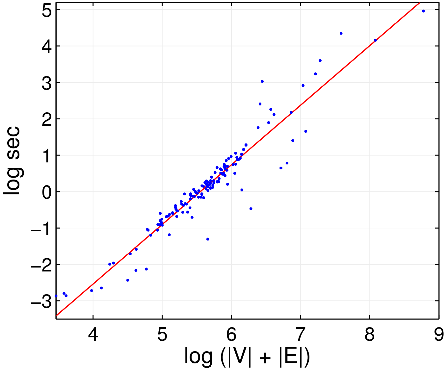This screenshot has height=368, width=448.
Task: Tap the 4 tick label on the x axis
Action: (x=93, y=334)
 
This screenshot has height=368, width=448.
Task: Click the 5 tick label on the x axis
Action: (x=162, y=334)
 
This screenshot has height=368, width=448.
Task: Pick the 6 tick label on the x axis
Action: (x=231, y=334)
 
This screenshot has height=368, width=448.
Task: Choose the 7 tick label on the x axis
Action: (x=300, y=334)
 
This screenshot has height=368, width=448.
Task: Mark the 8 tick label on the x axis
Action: (x=369, y=334)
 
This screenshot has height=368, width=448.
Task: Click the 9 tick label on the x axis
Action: (x=438, y=334)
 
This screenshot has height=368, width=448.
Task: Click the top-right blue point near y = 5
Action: (x=423, y=11)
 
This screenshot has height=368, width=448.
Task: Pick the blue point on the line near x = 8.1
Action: (x=375, y=40)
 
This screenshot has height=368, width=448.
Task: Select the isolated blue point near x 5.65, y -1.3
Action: (x=208, y=239)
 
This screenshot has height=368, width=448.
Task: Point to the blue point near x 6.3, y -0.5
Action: (x=251, y=209)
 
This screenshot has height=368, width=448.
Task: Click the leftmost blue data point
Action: (x=56, y=296)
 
